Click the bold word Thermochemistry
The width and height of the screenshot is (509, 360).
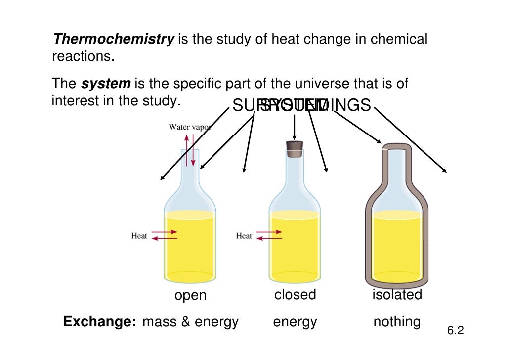click(113, 39)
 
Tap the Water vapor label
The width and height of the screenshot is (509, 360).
click(190, 127)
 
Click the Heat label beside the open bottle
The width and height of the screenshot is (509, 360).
click(139, 236)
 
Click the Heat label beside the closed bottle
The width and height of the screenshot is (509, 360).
click(244, 236)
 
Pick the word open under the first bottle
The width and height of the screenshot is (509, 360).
click(190, 296)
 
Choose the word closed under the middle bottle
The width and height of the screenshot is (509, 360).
click(295, 295)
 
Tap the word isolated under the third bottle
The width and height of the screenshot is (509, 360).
click(397, 295)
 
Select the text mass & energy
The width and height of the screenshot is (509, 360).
click(190, 322)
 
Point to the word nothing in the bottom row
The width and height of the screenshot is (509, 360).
click(397, 322)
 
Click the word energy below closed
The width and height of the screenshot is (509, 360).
click(295, 322)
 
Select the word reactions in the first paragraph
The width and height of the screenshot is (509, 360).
click(83, 56)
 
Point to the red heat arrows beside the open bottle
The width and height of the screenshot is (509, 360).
click(165, 235)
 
